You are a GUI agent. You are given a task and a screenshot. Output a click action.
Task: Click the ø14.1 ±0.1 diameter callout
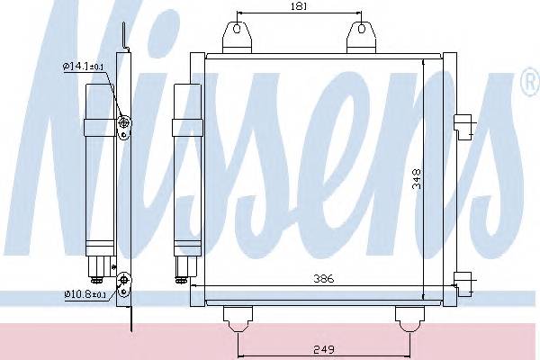(x=85, y=66)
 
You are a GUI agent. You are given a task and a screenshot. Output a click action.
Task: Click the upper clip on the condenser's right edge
(x=463, y=126)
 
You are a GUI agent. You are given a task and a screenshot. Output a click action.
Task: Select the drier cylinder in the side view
(x=100, y=166)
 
